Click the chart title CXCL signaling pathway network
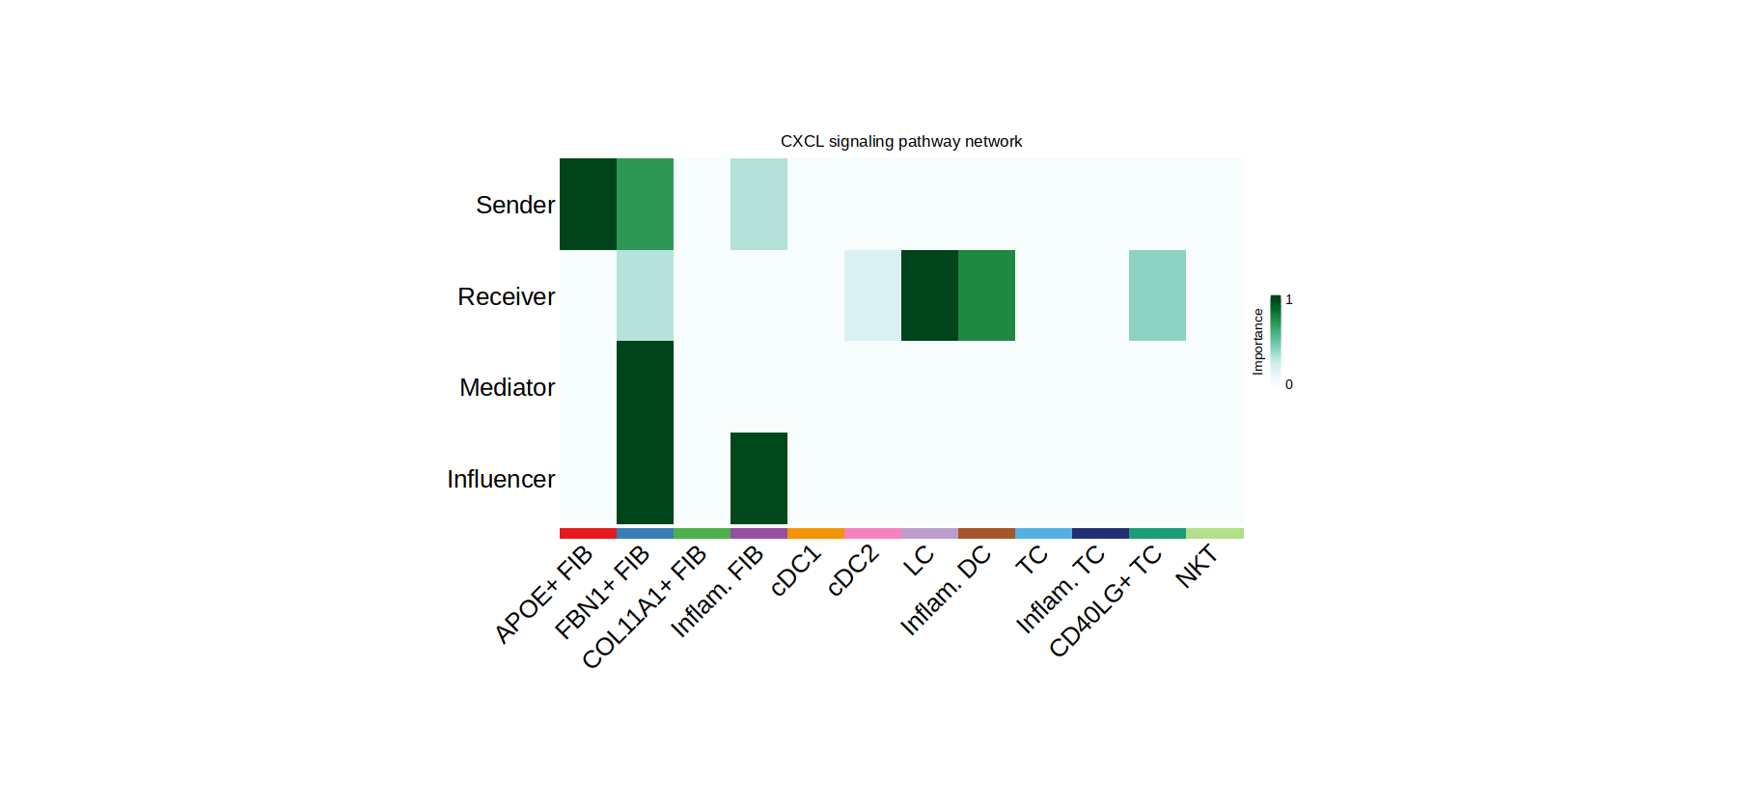[x=900, y=141]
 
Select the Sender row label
[x=514, y=205]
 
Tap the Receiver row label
[x=506, y=296]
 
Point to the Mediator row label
[x=507, y=387]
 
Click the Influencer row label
[x=500, y=479]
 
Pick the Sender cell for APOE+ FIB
[x=588, y=204]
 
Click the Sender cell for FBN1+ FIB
[x=645, y=204]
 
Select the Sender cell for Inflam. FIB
[x=758, y=204]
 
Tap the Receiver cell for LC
[x=929, y=295]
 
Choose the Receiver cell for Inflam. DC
[x=986, y=295]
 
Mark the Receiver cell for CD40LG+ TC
[x=1157, y=295]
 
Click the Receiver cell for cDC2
[x=872, y=295]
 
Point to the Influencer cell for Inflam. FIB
[x=758, y=478]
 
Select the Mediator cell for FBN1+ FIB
[x=645, y=386]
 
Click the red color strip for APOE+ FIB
[x=588, y=533]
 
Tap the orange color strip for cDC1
[x=815, y=533]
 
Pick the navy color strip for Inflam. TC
[x=1100, y=533]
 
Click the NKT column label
[x=1197, y=566]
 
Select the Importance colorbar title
[x=1257, y=342]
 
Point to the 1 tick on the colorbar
[x=1288, y=299]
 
